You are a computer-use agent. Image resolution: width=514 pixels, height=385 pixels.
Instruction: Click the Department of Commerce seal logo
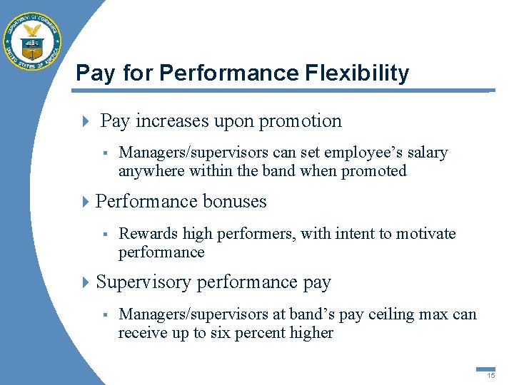pyautogui.click(x=32, y=41)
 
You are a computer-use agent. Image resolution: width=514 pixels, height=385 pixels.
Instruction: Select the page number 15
pyautogui.click(x=490, y=375)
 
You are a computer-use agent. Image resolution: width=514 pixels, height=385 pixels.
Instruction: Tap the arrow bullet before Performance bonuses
pyautogui.click(x=87, y=202)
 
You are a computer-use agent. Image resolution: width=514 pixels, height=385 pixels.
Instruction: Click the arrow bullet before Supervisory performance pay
pyautogui.click(x=87, y=282)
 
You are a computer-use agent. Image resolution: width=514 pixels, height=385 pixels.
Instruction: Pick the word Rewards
pyautogui.click(x=148, y=233)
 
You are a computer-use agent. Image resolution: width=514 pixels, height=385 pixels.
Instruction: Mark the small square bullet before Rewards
pyautogui.click(x=104, y=233)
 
